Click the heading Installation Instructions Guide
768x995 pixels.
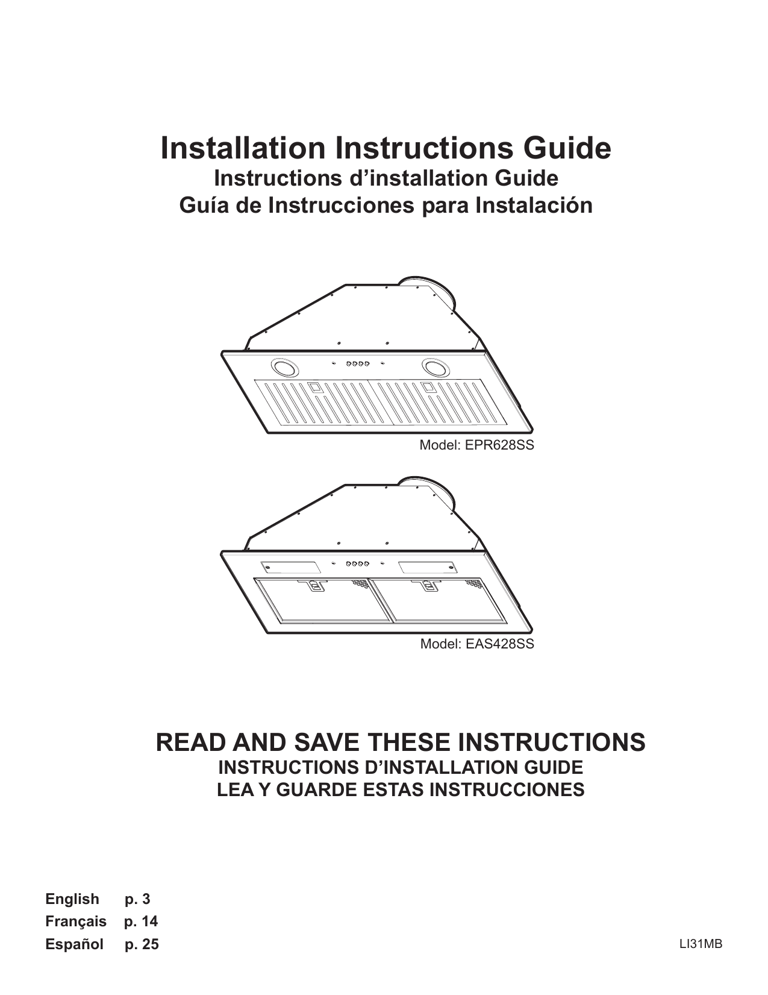click(386, 148)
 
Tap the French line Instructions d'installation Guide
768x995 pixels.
click(386, 178)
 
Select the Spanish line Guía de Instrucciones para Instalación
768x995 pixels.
click(386, 206)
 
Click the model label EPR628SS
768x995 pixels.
click(476, 445)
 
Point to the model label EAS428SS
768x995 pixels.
click(476, 644)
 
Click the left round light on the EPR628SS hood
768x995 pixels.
click(284, 367)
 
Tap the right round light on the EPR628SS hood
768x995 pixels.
click(434, 366)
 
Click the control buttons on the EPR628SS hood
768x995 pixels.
click(357, 363)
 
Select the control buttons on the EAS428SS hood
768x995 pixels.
click(357, 564)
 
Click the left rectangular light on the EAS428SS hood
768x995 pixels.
click(290, 567)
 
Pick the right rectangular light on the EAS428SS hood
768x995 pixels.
click(426, 567)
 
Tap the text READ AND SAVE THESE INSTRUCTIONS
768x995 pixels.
click(401, 742)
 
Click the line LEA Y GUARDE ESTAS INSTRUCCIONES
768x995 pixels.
click(401, 789)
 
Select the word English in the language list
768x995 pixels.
click(72, 899)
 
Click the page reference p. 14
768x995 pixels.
click(141, 921)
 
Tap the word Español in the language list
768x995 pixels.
click(75, 944)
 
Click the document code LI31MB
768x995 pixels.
click(701, 944)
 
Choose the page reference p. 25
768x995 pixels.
click(142, 944)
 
